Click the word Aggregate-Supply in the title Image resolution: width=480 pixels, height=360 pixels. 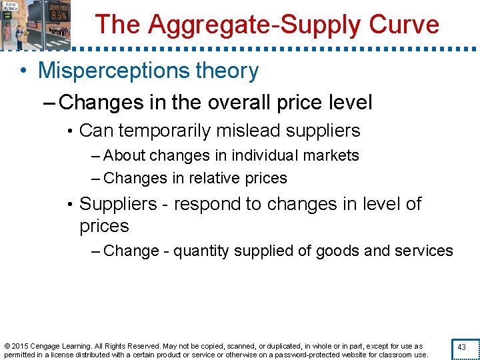tap(261, 25)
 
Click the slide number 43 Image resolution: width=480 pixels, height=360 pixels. tap(461, 347)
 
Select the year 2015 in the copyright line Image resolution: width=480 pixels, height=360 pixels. tap(22, 346)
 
